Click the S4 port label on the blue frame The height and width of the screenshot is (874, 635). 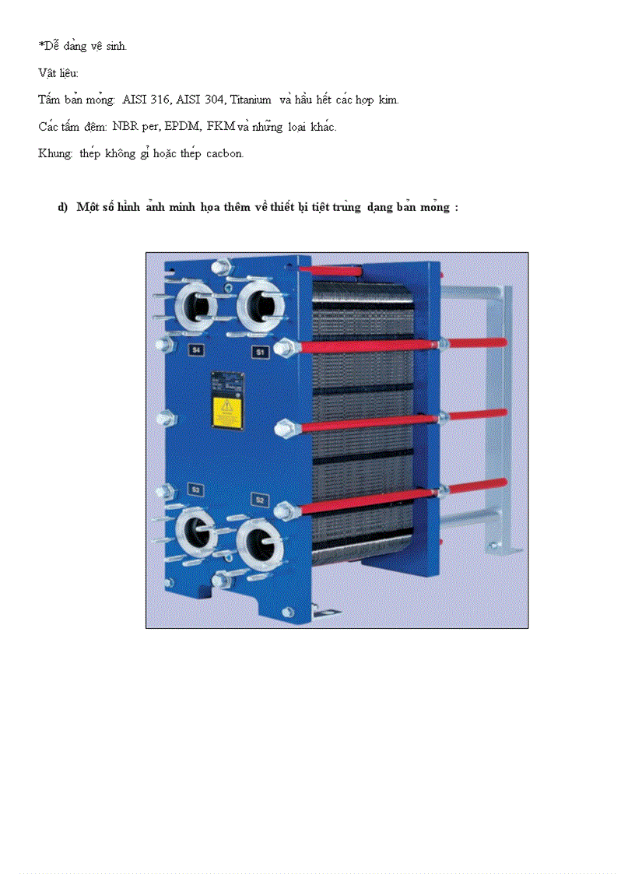197,350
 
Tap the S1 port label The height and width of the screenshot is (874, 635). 259,353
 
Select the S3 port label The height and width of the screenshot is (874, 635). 196,490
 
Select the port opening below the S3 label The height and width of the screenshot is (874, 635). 197,534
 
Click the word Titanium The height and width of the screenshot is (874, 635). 251,100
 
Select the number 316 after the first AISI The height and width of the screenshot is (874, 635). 161,100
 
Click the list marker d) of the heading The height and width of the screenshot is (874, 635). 63,208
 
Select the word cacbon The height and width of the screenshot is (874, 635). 225,153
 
